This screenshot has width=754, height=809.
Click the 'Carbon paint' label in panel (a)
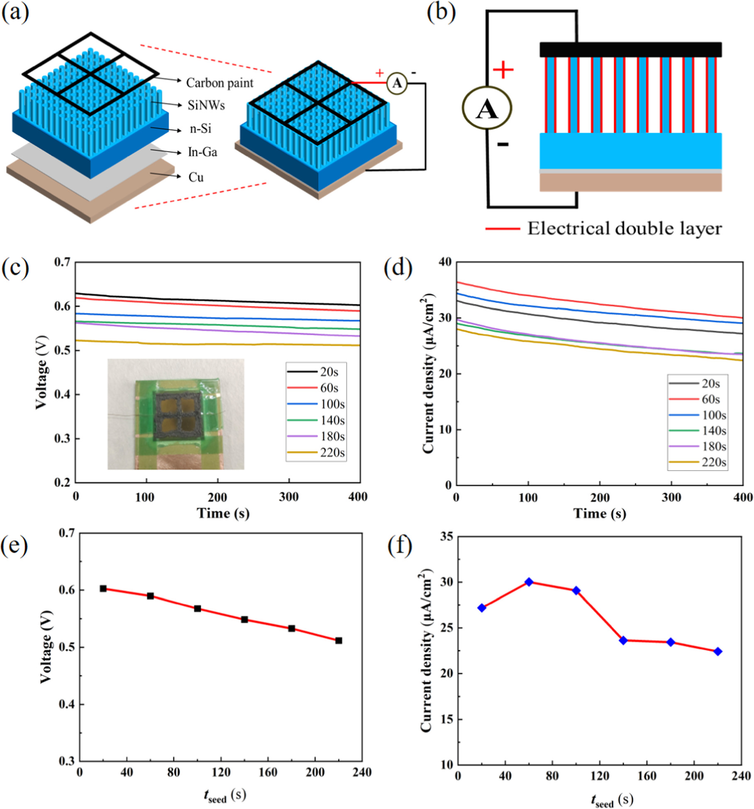219,83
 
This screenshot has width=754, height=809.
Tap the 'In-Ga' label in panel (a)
202,152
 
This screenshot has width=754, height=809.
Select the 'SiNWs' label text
206,105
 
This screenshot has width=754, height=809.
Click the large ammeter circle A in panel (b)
487,108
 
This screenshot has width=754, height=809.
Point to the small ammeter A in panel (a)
397,83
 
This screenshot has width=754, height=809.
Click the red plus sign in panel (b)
503,69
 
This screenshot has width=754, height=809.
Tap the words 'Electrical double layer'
624,228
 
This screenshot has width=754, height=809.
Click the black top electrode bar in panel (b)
630,49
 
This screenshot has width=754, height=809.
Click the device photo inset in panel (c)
176,414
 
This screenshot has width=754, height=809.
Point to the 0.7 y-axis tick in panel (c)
62,262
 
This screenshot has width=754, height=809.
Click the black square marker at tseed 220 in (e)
339,640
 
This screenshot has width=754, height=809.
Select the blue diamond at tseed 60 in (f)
529,582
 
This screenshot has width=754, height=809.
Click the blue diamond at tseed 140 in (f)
623,640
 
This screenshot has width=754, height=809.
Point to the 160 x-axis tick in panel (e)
268,772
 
